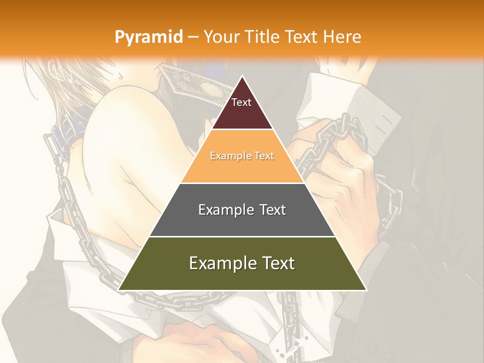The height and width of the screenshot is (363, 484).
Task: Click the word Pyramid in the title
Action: [148, 37]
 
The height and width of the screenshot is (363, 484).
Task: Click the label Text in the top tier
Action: [241, 102]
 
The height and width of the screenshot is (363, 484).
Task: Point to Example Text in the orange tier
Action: [242, 156]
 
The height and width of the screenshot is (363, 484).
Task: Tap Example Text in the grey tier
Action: [242, 210]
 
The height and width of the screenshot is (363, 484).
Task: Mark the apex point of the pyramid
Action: [242, 76]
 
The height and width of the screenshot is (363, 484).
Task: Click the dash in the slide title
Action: [193, 37]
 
